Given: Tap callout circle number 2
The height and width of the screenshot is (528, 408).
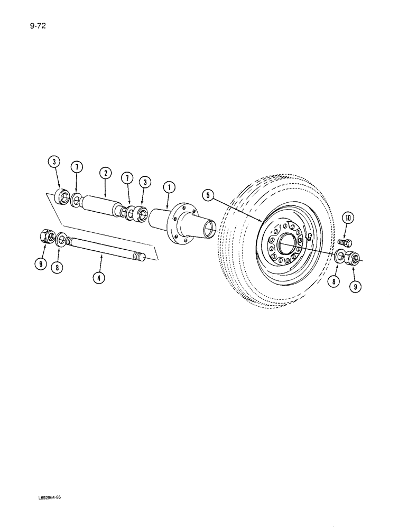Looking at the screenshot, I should [105, 173].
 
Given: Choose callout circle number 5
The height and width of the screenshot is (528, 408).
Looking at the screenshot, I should [209, 196].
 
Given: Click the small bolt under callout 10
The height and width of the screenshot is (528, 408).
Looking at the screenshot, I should [344, 242].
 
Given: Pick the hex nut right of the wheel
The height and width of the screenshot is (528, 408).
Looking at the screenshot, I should [354, 258].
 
